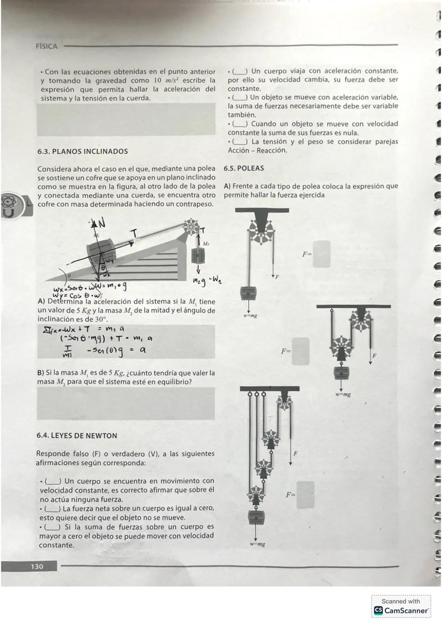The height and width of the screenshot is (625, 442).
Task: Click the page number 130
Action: pyautogui.click(x=36, y=567)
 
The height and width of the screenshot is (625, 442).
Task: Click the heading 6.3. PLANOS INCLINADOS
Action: pyautogui.click(x=82, y=151)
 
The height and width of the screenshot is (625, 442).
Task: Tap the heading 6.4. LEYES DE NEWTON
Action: pyautogui.click(x=77, y=436)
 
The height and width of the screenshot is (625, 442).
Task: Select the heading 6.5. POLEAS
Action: pyautogui.click(x=244, y=168)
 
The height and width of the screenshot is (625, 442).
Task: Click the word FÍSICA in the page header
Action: pyautogui.click(x=47, y=46)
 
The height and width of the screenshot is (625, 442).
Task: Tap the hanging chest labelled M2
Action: pyautogui.click(x=198, y=256)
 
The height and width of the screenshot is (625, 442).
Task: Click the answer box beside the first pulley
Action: pyautogui.click(x=321, y=254)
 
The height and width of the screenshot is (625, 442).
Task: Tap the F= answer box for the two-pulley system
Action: pyautogui.click(x=300, y=351)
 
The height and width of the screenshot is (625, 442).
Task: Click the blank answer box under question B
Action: pyautogui.click(x=126, y=403)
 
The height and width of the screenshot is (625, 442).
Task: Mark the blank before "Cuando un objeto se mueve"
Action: pyautogui.click(x=240, y=124)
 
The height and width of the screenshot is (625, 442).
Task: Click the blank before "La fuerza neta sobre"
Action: pyautogui.click(x=53, y=508)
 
